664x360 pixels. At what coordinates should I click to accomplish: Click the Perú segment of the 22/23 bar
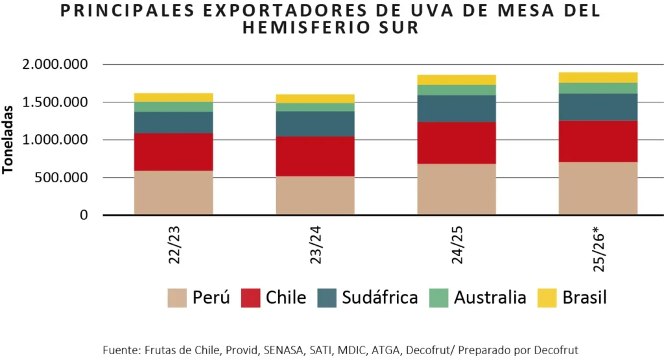174,193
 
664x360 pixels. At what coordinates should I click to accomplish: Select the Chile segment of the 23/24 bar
315,156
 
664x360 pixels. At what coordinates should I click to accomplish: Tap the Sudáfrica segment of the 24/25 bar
456,108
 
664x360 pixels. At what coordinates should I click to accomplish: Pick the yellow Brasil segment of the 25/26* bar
598,77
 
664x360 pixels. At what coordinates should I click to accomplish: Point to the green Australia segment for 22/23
174,106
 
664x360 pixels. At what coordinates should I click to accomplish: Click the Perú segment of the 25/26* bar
598,188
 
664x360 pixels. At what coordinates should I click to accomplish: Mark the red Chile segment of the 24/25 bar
456,143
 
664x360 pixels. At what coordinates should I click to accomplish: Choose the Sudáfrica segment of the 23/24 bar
315,123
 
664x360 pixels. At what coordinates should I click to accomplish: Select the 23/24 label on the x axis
315,246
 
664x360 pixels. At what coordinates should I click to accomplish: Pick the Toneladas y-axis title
8,139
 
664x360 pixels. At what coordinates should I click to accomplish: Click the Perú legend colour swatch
176,298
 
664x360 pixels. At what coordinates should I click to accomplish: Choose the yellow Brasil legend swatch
547,298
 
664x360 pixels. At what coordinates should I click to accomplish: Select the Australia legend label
490,298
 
